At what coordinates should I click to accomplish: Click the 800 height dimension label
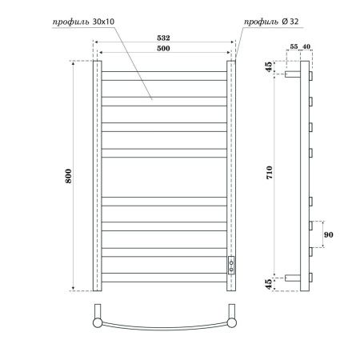click(x=69, y=174)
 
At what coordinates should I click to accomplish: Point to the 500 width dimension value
click(x=164, y=49)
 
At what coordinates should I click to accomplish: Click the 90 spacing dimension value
click(x=329, y=234)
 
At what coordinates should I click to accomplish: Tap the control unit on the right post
click(x=232, y=265)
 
